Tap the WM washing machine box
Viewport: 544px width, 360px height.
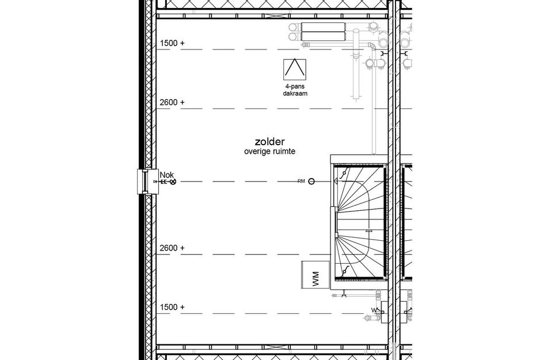[314, 275]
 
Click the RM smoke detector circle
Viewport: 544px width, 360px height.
[312, 181]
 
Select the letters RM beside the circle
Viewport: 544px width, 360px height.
[301, 181]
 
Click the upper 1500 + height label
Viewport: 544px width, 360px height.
[172, 43]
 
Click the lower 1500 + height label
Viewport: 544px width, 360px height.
[172, 307]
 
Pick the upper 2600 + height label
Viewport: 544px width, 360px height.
[172, 103]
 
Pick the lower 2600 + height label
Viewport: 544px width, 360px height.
[172, 248]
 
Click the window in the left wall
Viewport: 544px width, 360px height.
[142, 182]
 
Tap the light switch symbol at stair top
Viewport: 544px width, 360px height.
[344, 173]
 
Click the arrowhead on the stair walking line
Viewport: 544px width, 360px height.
[369, 230]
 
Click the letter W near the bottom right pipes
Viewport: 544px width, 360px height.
[372, 310]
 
